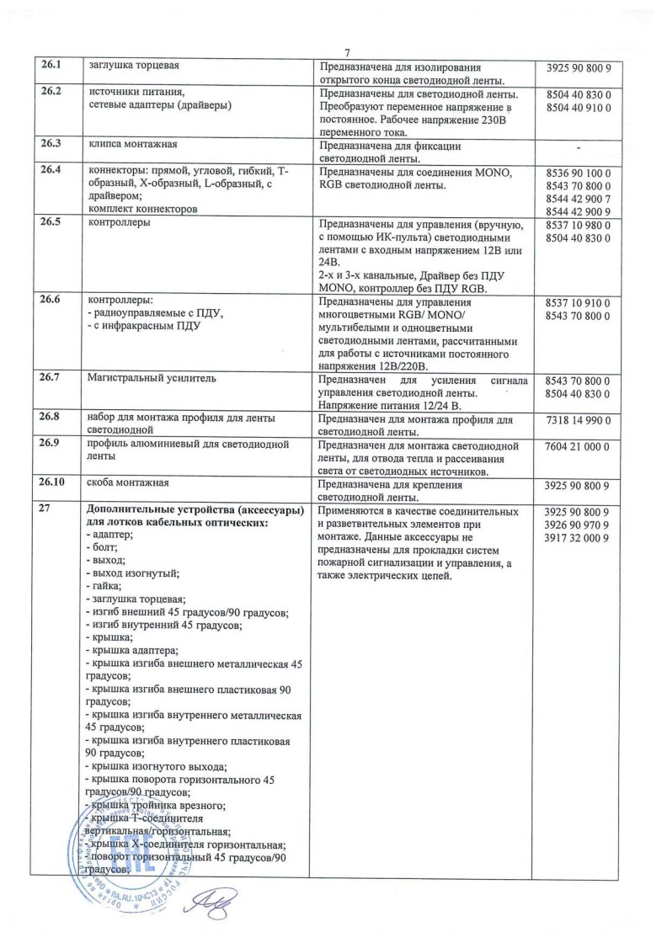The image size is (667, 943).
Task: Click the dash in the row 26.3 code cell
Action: [x=579, y=148]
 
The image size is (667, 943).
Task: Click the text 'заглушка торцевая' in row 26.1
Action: [x=135, y=66]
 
